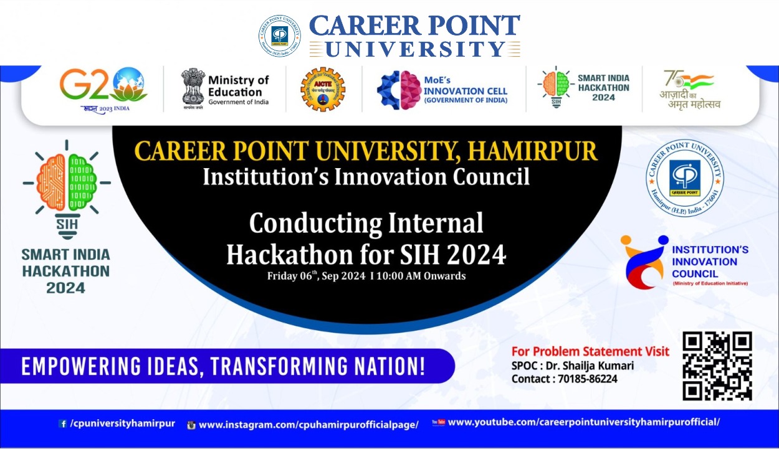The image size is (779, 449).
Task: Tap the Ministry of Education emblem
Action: tap(193, 88)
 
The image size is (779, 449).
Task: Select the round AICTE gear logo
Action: tap(322, 90)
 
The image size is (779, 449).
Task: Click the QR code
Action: tap(717, 366)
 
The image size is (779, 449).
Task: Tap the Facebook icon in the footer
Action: tap(62, 424)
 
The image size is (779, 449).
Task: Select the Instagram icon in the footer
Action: tap(191, 425)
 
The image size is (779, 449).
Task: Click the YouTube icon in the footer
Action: tap(437, 422)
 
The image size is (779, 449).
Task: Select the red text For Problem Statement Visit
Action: tap(590, 351)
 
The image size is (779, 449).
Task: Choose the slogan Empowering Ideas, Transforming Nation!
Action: tap(223, 366)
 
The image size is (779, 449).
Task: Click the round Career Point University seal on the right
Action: tap(684, 175)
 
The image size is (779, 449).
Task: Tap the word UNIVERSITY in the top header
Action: tap(414, 49)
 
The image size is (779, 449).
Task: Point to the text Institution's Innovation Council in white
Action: tap(366, 177)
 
